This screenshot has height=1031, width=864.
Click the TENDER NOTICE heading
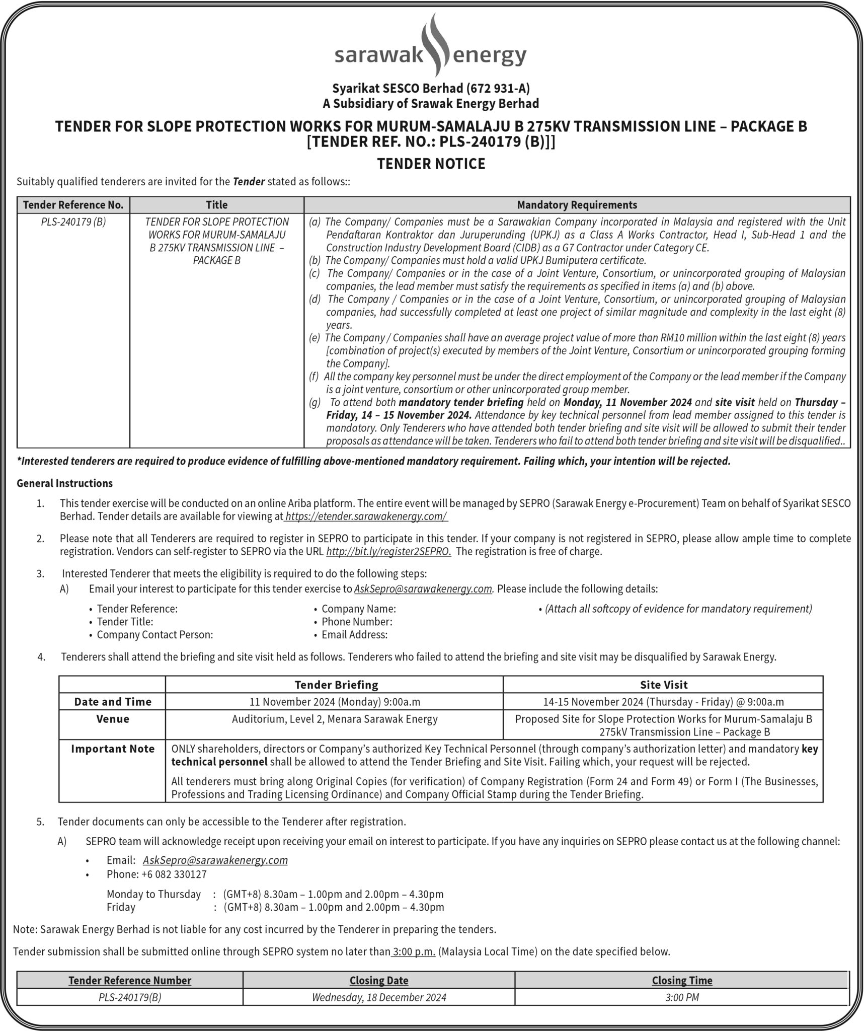coord(431,164)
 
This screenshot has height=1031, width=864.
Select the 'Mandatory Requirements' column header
coord(577,205)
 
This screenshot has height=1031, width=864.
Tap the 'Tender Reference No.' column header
coord(73,205)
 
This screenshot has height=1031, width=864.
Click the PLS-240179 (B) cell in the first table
coord(73,222)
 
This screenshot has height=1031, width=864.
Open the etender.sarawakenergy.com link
coord(366,517)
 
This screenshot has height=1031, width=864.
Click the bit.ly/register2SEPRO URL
coord(388,551)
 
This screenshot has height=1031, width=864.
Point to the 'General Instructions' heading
coord(65,483)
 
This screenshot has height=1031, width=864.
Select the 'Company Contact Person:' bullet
coord(155,634)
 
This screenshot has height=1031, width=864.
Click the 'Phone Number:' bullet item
coord(357,622)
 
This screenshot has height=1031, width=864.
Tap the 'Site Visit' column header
coord(663,685)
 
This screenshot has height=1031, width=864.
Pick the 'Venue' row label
coord(113,719)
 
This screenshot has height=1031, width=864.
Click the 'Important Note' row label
coord(113,749)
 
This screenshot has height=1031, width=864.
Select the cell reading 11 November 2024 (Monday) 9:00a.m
coord(335,702)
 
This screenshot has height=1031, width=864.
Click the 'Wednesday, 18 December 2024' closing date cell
coord(379,997)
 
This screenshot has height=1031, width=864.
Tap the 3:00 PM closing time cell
coord(682,997)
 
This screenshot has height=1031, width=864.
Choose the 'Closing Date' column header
coord(379,980)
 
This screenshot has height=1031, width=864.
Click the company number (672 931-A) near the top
coord(498,89)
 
